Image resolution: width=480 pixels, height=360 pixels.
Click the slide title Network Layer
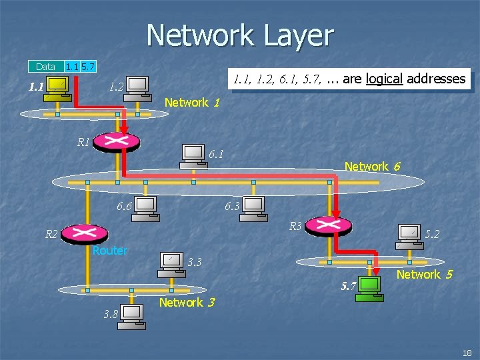pos(240,35)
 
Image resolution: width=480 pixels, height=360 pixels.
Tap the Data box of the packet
pos(45,67)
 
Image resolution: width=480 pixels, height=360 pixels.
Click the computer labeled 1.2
pos(138,87)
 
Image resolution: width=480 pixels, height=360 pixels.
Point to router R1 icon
pos(117,141)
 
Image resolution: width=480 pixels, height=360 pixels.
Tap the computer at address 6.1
pos(194,157)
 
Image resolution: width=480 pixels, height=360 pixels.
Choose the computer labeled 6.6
pos(145,207)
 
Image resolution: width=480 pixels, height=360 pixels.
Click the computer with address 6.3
pos(254,208)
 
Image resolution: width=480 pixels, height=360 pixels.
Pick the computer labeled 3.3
pos(171,263)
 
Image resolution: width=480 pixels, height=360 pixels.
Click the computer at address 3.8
pos(131,316)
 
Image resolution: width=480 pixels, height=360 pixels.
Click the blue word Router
pos(110,251)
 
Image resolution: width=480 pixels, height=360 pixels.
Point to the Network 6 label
pos(372,167)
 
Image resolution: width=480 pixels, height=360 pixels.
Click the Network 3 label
pos(187,303)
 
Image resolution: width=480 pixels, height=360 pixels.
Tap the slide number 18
pos(466,352)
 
